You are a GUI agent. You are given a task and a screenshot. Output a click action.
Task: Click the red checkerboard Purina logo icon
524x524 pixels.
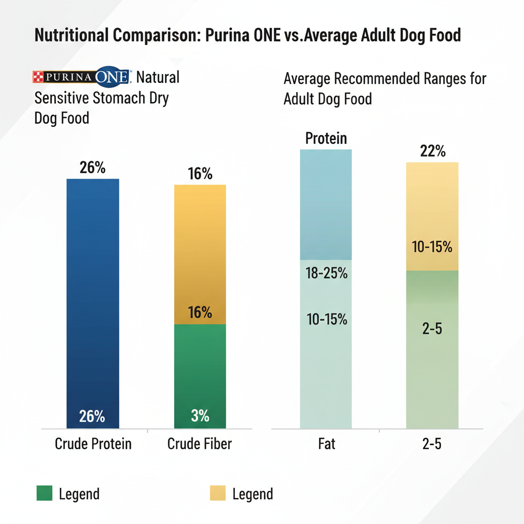coord(37,77)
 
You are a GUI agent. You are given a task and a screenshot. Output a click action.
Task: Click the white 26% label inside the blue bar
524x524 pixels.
coord(93,417)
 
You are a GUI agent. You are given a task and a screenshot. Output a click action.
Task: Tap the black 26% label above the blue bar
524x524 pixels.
coord(93,167)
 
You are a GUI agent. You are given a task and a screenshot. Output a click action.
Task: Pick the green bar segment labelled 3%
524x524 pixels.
coord(200,376)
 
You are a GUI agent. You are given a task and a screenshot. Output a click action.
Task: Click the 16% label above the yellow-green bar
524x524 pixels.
coord(200,174)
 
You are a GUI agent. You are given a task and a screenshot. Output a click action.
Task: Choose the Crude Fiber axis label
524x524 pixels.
coord(200,444)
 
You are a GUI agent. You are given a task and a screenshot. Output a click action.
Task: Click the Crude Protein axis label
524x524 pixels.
coord(93,444)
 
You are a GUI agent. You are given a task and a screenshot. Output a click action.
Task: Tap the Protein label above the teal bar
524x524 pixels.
coord(326,138)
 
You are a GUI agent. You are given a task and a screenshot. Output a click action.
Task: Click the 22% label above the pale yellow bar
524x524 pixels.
coord(432,151)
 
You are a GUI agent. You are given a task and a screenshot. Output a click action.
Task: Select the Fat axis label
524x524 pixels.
coord(326,444)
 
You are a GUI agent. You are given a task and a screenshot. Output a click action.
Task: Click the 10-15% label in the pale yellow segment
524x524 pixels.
coord(432,247)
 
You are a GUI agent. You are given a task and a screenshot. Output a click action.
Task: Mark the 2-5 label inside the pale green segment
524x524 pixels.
coord(432,329)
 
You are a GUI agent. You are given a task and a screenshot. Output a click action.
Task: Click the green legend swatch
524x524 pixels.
coord(45,494)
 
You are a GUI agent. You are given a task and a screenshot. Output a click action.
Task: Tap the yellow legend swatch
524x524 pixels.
coord(217,494)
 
